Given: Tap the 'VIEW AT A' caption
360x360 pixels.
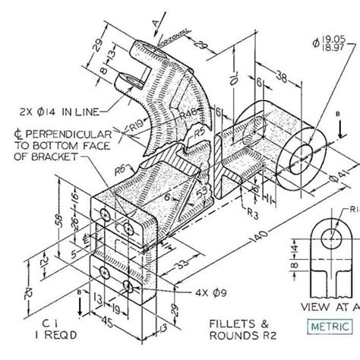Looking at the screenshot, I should pos(331,306).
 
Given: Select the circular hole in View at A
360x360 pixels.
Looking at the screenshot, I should pos(332,237).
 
